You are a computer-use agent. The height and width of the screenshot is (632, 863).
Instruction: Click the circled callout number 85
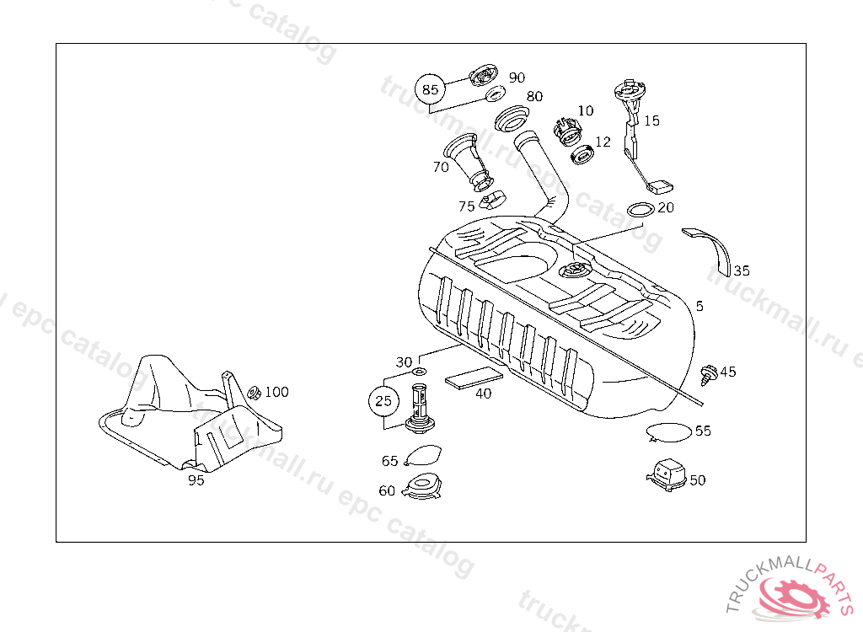431,89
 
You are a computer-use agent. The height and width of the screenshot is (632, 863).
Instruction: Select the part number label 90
517,78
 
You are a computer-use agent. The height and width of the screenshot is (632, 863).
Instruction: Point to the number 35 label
741,270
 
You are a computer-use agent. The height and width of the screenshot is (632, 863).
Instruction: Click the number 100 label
276,392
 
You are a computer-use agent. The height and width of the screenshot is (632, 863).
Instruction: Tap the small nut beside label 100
252,393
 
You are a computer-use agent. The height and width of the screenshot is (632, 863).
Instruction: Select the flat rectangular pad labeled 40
474,378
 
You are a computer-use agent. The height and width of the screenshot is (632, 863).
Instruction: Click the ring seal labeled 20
641,209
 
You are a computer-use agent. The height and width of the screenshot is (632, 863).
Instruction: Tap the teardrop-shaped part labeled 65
424,457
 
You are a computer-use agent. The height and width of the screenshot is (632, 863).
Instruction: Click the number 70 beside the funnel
441,167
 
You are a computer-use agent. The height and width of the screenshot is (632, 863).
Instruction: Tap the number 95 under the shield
196,480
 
